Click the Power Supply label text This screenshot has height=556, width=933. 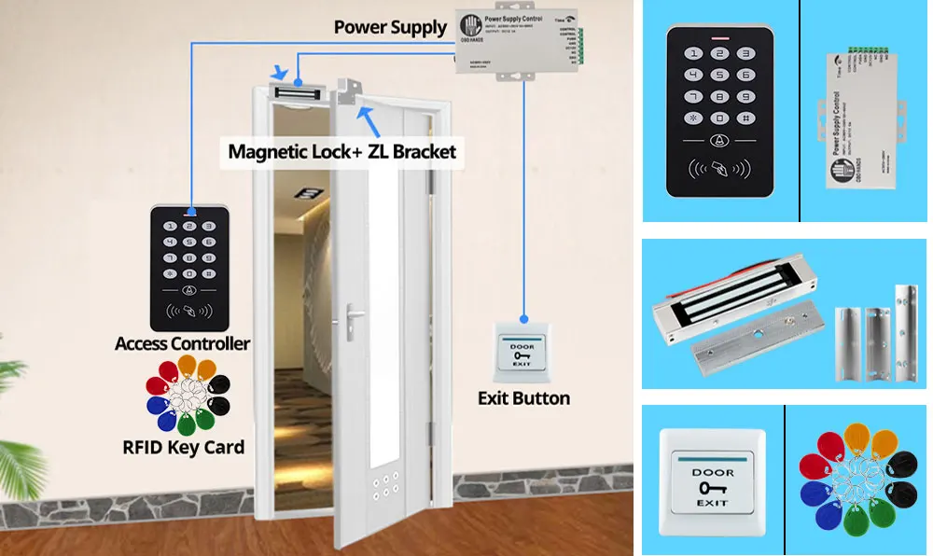pos(390,26)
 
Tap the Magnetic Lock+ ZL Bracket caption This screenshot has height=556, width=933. pos(342,150)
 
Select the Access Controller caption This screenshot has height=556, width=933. pos(182,343)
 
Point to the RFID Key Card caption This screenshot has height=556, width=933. pos(183,446)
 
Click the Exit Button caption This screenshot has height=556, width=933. pos(523,397)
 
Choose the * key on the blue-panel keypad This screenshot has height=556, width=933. pos(692,118)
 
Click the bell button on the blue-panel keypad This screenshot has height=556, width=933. pos(718,142)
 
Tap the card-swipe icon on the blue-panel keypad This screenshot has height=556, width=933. pos(718,171)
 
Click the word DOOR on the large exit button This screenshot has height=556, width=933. pos(712,472)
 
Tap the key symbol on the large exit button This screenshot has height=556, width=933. pos(712,487)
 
